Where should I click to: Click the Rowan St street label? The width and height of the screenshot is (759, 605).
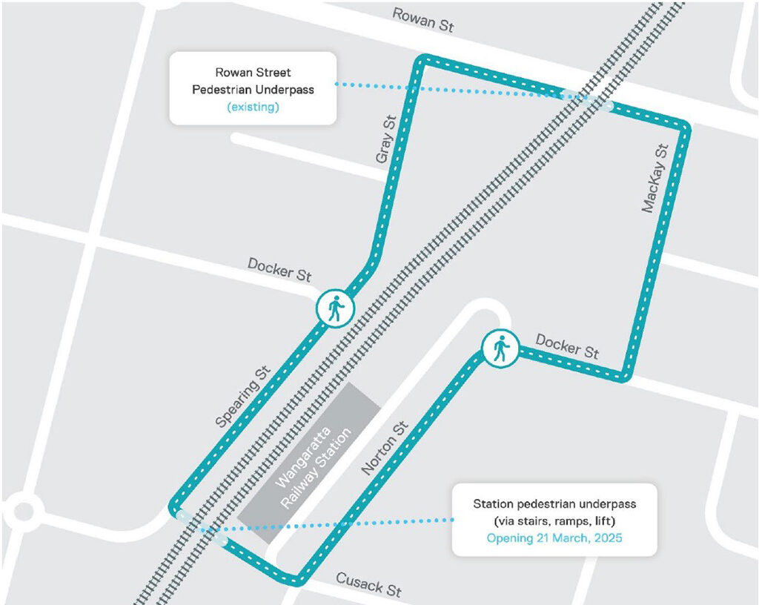(x=422, y=20)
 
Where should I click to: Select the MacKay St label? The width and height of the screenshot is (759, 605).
(x=655, y=179)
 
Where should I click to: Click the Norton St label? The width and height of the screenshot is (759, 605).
(x=385, y=449)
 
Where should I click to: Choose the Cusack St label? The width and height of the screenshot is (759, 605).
(x=368, y=584)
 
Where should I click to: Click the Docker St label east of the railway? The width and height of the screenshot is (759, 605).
(x=567, y=346)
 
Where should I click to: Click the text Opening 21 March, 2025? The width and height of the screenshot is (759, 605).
(x=554, y=538)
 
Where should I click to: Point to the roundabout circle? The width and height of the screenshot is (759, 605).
(x=23, y=512)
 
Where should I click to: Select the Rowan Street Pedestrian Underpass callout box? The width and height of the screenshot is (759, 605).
(x=253, y=87)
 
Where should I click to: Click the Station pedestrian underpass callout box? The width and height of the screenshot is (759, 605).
(x=554, y=520)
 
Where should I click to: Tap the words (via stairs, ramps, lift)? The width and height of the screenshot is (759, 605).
(x=554, y=520)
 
